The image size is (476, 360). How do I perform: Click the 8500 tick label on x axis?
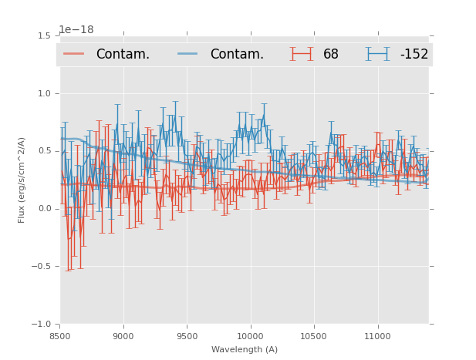60,337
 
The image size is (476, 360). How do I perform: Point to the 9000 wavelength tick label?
123,337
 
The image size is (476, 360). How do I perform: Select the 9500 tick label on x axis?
187,337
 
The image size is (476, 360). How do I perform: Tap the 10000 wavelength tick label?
251,337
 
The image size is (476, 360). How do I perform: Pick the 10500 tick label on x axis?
314,337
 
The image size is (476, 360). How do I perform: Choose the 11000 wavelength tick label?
377,337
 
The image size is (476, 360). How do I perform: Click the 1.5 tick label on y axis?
44,35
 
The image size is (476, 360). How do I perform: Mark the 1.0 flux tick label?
44,93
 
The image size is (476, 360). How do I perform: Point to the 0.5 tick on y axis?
44,151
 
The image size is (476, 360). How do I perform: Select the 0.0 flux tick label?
44,209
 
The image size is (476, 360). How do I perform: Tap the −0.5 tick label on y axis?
42,267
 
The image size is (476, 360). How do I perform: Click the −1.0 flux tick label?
42,325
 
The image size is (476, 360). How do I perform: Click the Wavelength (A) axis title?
245,350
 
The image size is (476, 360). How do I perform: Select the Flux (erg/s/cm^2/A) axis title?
22,180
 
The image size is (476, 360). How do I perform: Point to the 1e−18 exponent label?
76,30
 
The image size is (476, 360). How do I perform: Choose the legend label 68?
331,55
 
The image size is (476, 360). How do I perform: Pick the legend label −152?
414,55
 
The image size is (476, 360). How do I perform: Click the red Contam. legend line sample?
74,54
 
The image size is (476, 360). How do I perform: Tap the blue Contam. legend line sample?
188,54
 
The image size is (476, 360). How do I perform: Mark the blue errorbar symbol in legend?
378,54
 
